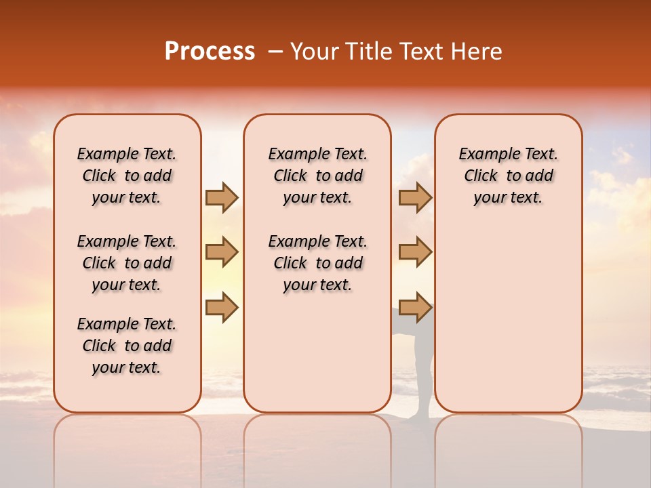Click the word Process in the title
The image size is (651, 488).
coord(210,51)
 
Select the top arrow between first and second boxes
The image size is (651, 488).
coord(222,197)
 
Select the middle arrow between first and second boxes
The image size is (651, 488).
coord(222,252)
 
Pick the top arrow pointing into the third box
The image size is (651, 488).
coord(415,197)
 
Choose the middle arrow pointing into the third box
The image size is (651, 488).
coord(415,252)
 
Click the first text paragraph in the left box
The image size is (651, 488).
coord(127,176)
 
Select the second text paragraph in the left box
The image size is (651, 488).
coord(127,263)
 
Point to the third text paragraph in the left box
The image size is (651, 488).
coord(127,346)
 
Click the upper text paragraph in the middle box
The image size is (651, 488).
coord(317,176)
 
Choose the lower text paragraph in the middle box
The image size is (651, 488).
coord(317,263)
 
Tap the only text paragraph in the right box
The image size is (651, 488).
coord(508,176)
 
